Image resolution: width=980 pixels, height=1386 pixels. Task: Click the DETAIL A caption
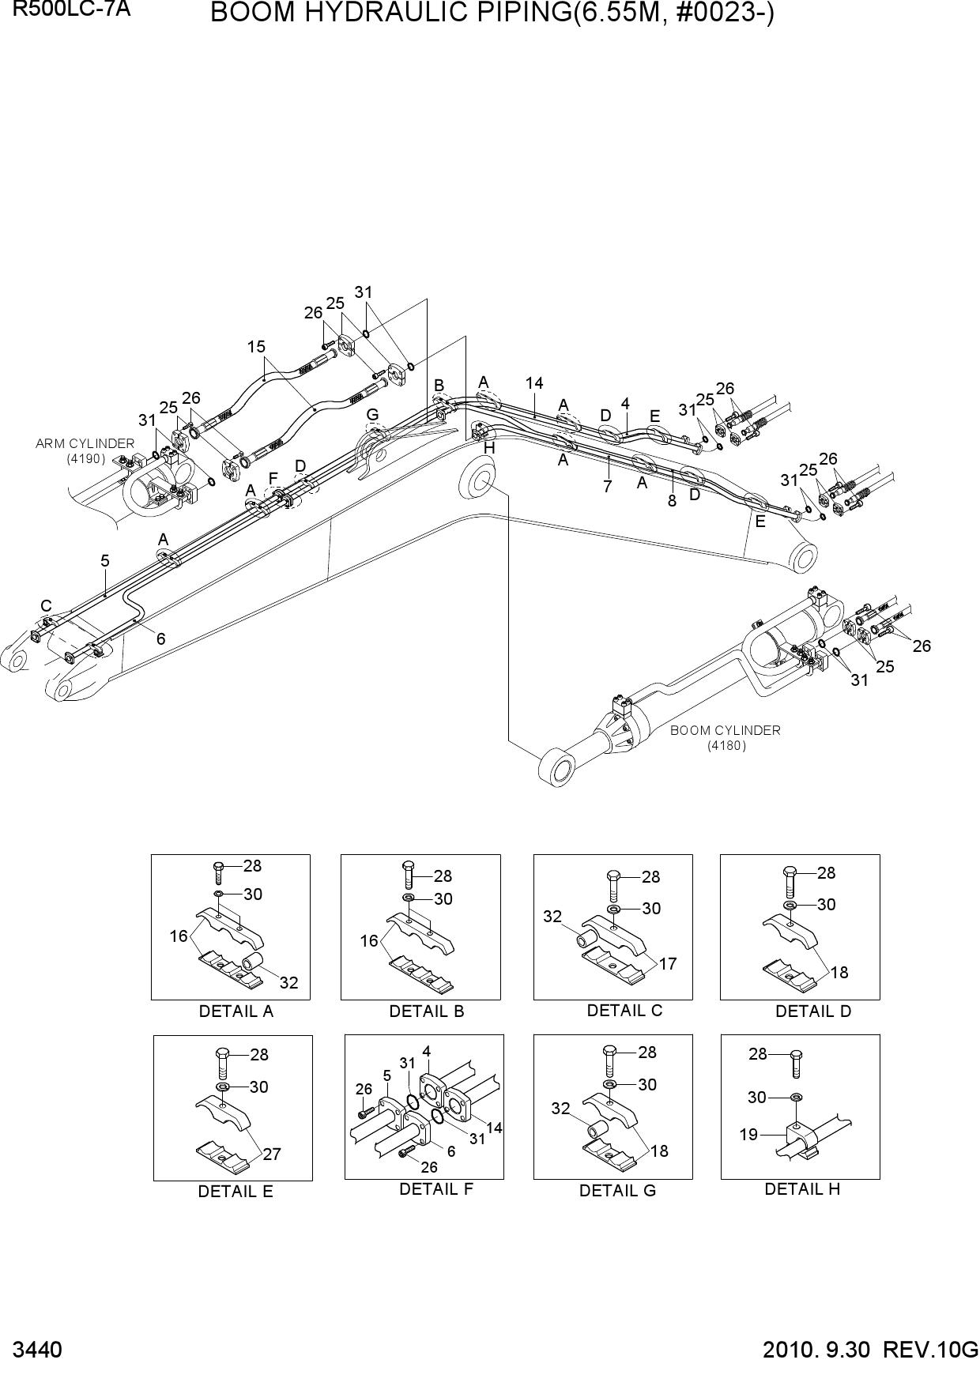click(236, 1011)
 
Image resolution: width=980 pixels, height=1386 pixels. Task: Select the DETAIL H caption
click(802, 1188)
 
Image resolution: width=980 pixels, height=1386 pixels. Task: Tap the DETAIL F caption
click(436, 1188)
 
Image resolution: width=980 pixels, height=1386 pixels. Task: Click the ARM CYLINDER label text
click(85, 443)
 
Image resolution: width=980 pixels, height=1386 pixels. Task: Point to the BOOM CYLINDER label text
click(726, 730)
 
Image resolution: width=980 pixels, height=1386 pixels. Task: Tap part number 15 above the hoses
click(255, 346)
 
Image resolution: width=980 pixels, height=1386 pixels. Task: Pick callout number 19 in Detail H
click(748, 1135)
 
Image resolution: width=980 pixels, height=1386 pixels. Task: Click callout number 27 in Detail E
click(272, 1154)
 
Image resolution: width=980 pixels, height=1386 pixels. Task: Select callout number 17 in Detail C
click(667, 964)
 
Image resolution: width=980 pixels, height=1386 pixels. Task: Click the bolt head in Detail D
click(790, 871)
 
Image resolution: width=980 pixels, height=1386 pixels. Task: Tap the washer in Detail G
click(609, 1083)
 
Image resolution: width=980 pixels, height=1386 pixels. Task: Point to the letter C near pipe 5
click(47, 606)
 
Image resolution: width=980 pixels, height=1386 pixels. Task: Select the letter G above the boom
click(372, 414)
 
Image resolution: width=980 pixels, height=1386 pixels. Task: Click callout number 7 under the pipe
click(607, 487)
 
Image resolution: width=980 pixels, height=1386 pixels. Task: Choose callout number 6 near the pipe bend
click(160, 638)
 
